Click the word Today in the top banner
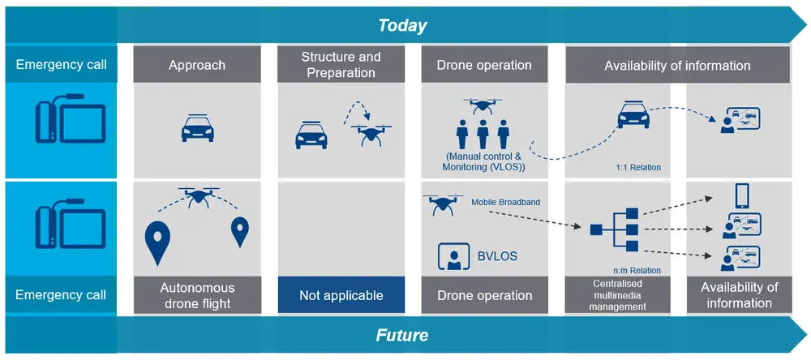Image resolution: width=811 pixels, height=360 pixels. (x=402, y=25)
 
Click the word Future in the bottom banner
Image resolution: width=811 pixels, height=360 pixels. (x=402, y=335)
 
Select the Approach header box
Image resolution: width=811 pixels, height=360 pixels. (x=197, y=65)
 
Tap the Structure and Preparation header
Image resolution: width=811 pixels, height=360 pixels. (x=341, y=65)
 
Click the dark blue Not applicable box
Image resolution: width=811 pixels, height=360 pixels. (x=341, y=295)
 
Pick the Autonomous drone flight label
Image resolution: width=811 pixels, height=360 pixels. (x=197, y=295)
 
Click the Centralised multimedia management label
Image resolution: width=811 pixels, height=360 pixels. (x=618, y=295)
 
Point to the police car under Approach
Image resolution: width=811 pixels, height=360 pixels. (x=197, y=127)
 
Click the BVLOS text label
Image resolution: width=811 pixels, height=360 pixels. (x=496, y=256)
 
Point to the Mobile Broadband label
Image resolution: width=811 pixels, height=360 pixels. (x=505, y=202)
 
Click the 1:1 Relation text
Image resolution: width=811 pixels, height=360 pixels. (x=638, y=168)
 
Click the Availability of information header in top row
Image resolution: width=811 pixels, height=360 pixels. (x=677, y=65)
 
